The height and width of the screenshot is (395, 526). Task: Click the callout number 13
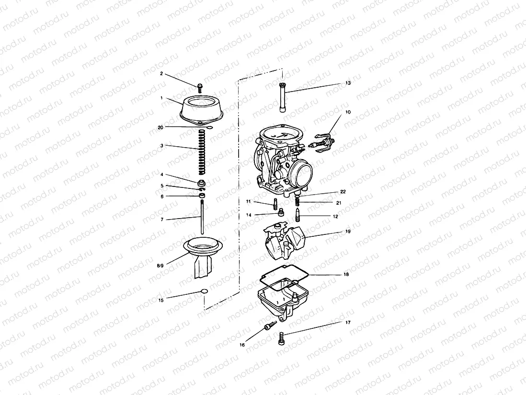[x=348, y=83]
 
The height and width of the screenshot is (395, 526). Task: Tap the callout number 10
[x=348, y=112]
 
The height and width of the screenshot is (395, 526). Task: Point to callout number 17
[x=348, y=323]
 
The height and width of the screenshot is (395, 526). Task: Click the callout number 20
[x=161, y=127]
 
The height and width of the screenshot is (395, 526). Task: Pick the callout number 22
[x=343, y=191]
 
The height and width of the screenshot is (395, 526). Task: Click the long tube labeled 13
[x=283, y=97]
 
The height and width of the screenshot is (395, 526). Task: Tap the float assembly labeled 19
[x=283, y=242]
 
